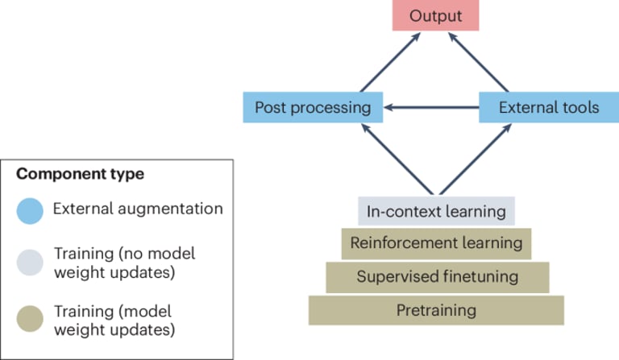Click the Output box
tap(435, 16)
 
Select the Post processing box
tap(312, 107)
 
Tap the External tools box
tap(548, 107)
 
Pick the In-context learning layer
tap(436, 212)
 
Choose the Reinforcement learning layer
tap(436, 242)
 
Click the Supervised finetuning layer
tap(436, 277)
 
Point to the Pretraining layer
tap(436, 310)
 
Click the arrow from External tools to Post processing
tap(430, 107)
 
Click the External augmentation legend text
tap(138, 209)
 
